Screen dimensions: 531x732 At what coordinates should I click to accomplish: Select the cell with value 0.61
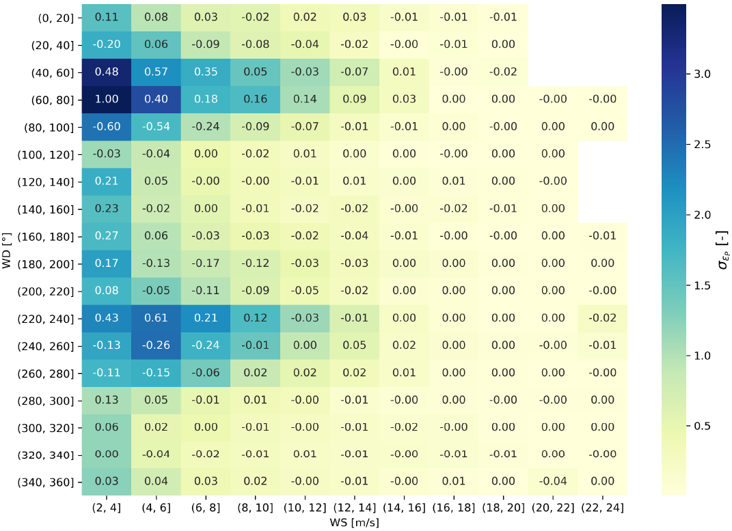tap(156, 317)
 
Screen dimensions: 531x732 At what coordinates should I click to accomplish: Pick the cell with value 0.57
tap(156, 72)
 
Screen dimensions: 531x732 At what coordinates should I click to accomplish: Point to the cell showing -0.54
tap(156, 126)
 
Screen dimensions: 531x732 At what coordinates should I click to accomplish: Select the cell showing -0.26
tap(156, 345)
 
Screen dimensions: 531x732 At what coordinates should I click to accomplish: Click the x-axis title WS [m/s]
tap(353, 523)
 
